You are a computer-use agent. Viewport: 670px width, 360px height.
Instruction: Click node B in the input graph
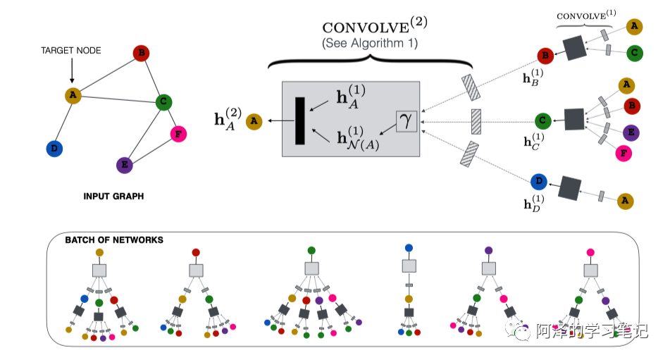tap(141, 53)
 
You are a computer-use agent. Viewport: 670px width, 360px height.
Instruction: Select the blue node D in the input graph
tap(53, 149)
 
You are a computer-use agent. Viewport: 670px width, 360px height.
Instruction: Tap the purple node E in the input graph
tap(124, 165)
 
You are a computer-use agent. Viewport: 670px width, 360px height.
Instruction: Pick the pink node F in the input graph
tap(178, 133)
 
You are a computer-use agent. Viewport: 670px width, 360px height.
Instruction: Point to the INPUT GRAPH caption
tap(113, 197)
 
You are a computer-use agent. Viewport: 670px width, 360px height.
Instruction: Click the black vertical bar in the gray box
tap(299, 121)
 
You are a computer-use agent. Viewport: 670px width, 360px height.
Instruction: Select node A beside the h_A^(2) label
tap(254, 122)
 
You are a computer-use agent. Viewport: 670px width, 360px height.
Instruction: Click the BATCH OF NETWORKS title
tap(114, 240)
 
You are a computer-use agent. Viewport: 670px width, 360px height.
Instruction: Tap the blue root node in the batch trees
tap(409, 248)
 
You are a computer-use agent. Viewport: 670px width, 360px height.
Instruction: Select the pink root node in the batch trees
tap(590, 252)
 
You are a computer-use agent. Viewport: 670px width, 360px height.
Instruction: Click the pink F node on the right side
tap(622, 152)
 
